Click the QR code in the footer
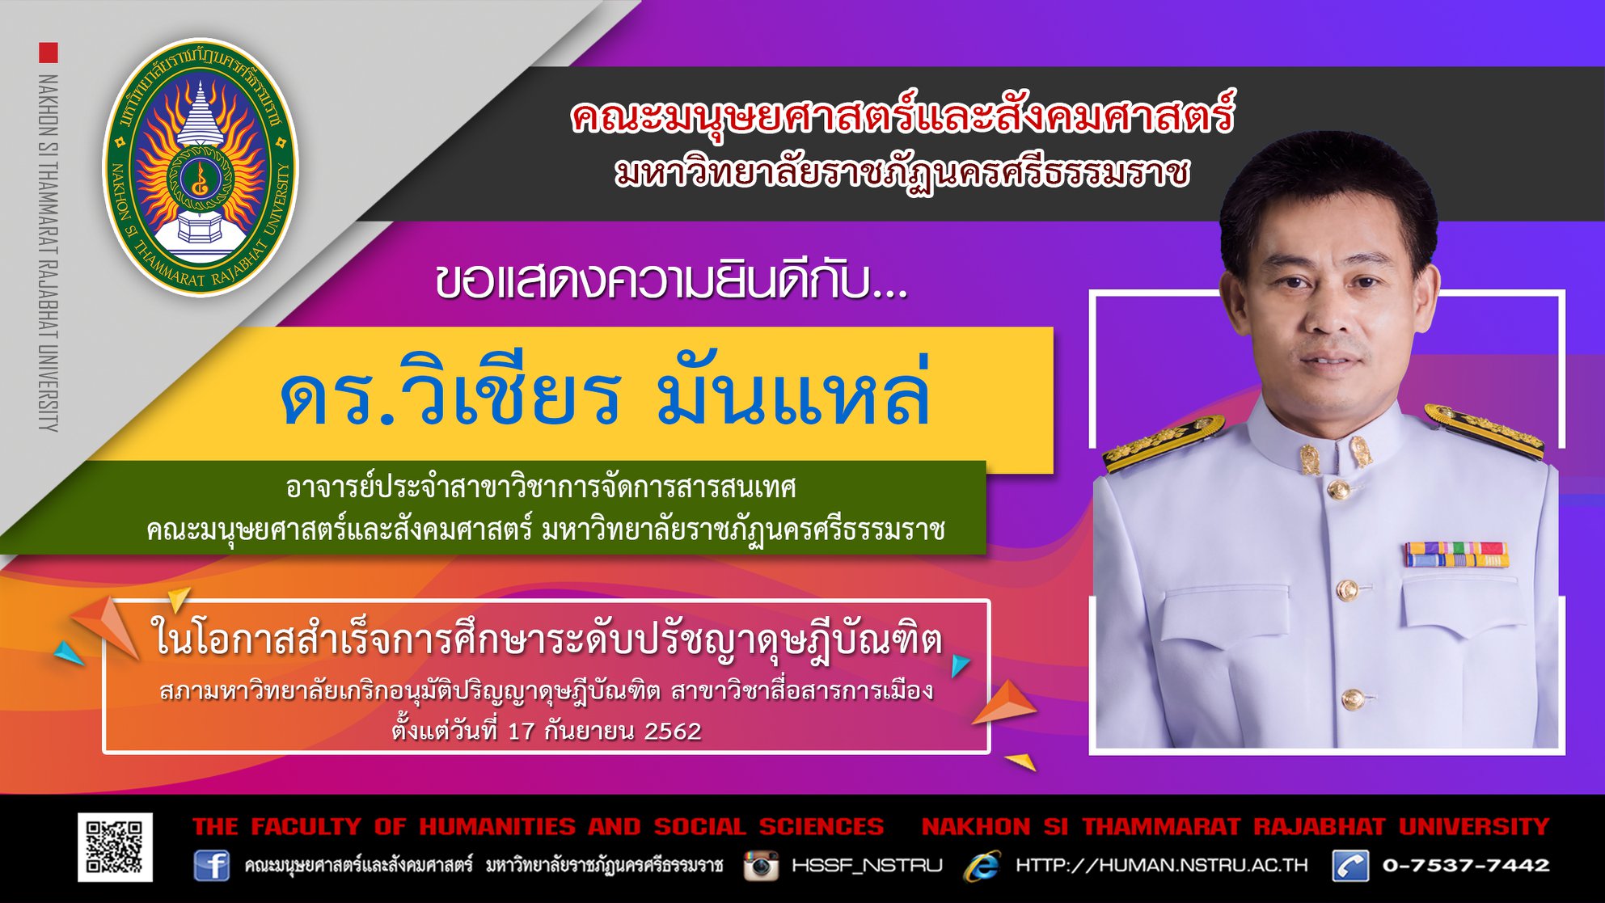point(115,846)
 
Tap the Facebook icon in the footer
point(211,866)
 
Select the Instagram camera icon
point(761,865)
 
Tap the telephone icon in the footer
point(1351,866)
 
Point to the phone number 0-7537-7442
point(1466,865)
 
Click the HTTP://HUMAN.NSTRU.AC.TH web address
point(1161,865)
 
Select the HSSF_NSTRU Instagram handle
point(867,866)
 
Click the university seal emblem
point(201,167)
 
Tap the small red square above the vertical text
point(49,53)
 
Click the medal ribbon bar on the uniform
point(1455,555)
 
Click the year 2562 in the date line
point(673,731)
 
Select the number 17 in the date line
point(522,731)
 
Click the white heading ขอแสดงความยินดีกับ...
point(671,282)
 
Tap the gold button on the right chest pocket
point(1346,590)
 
